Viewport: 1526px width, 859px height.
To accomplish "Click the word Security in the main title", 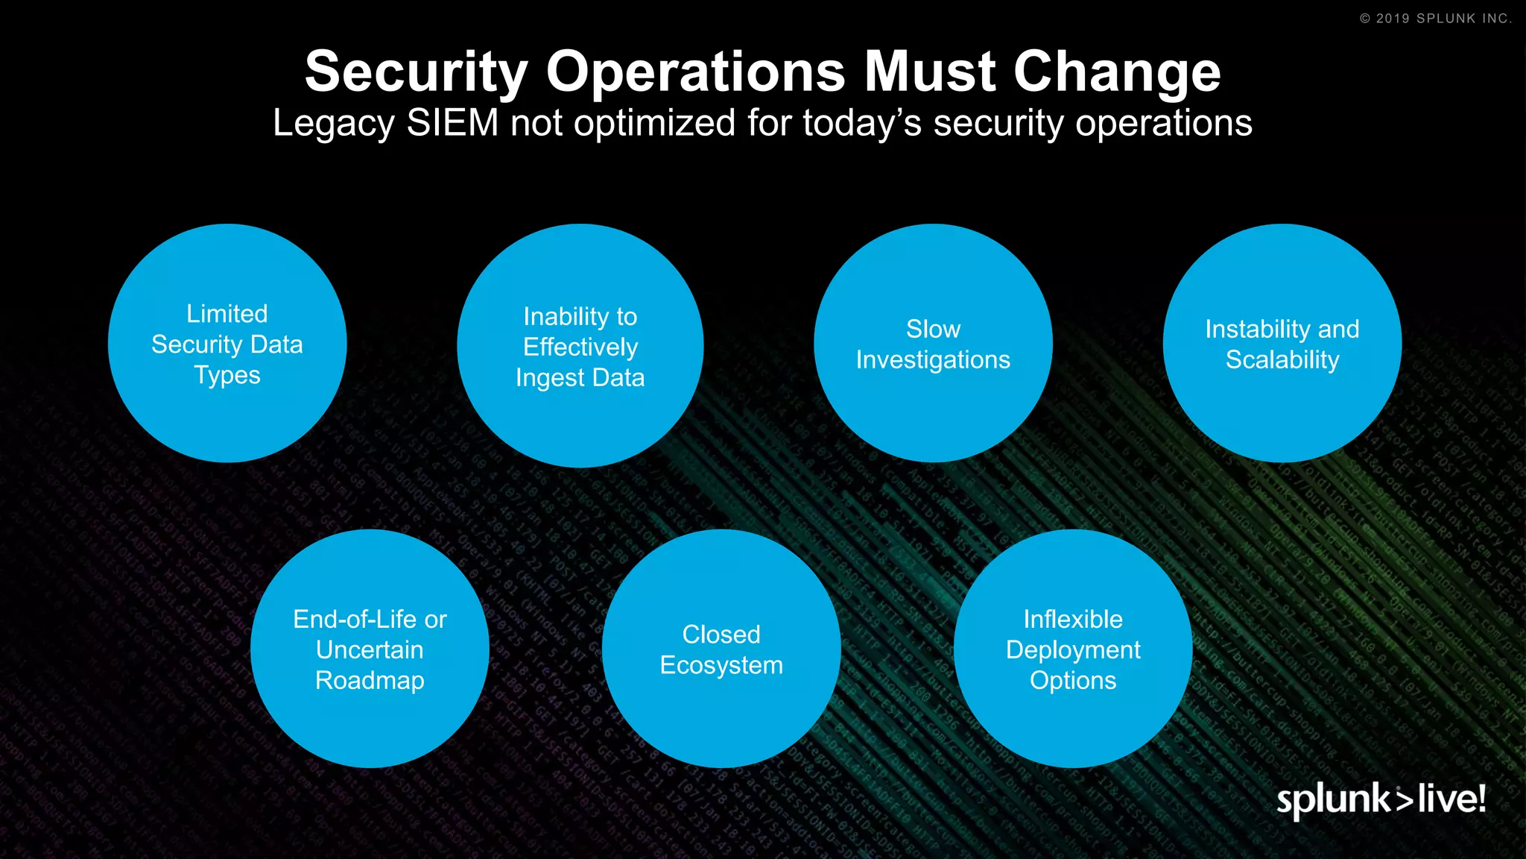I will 416,72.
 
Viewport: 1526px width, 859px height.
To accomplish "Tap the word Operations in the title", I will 696,72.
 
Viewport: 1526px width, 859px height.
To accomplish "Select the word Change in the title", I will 1117,72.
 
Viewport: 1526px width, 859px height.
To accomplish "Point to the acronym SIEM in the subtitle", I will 452,123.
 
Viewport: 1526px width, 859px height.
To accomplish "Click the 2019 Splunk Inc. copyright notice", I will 1436,19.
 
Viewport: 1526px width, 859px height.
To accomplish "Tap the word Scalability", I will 1282,359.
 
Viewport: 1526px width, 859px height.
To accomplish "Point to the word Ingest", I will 551,378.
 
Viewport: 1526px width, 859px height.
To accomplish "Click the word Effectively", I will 580,347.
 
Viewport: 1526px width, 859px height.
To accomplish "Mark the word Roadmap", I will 370,680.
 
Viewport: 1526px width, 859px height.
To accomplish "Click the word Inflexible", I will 1073,619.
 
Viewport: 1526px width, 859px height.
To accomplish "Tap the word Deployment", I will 1073,649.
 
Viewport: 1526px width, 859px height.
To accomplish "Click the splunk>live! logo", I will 1381,799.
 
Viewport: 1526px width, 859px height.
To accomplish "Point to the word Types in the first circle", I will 227,375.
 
